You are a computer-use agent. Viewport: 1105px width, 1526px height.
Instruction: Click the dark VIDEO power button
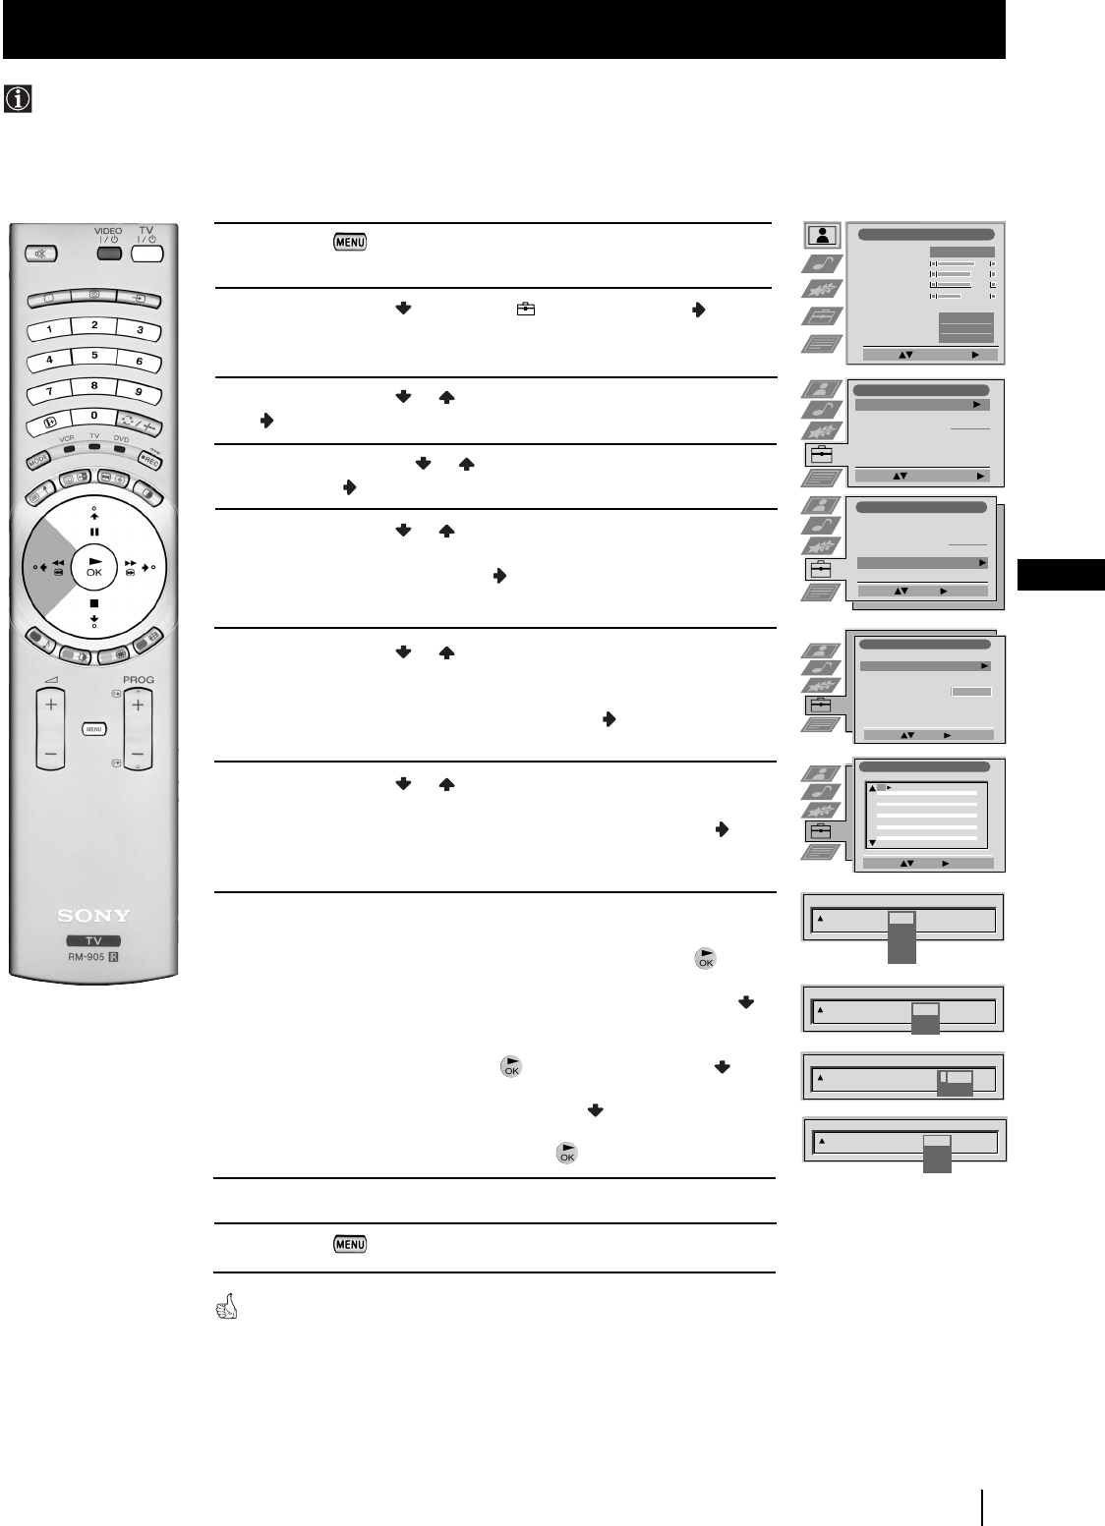click(x=108, y=252)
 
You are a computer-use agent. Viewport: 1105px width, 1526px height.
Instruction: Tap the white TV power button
click(x=145, y=252)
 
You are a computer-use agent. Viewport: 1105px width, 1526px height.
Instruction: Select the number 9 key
click(x=139, y=392)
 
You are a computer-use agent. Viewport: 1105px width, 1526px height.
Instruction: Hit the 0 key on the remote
click(x=93, y=415)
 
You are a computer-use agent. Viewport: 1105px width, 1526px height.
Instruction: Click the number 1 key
click(x=47, y=330)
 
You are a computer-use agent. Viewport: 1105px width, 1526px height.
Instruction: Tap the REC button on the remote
click(x=147, y=459)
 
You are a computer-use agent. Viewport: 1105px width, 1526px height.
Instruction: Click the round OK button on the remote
click(x=93, y=566)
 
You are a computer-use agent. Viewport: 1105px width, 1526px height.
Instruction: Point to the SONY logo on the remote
click(x=92, y=916)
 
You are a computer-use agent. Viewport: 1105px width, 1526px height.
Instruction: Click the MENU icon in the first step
click(x=350, y=242)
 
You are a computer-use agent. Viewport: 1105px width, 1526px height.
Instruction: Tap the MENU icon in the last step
click(x=350, y=1244)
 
